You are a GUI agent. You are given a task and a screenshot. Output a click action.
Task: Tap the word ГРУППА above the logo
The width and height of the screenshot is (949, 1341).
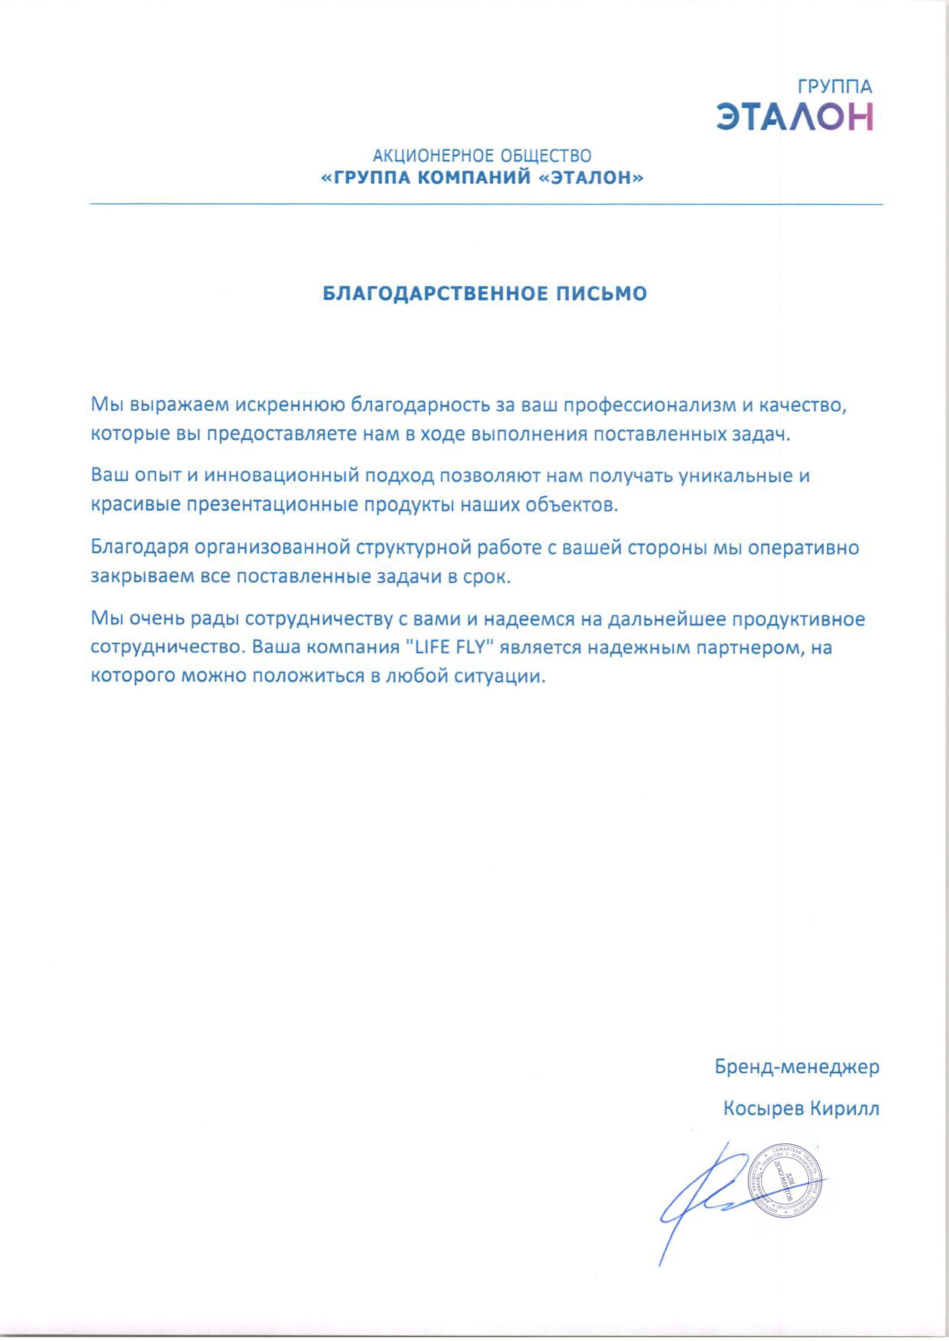pyautogui.click(x=835, y=87)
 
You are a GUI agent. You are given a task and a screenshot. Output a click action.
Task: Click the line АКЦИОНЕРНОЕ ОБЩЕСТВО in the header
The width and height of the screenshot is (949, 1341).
pyautogui.click(x=482, y=156)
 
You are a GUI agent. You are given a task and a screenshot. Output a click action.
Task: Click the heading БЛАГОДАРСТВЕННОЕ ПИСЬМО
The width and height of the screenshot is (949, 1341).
pyautogui.click(x=485, y=293)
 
